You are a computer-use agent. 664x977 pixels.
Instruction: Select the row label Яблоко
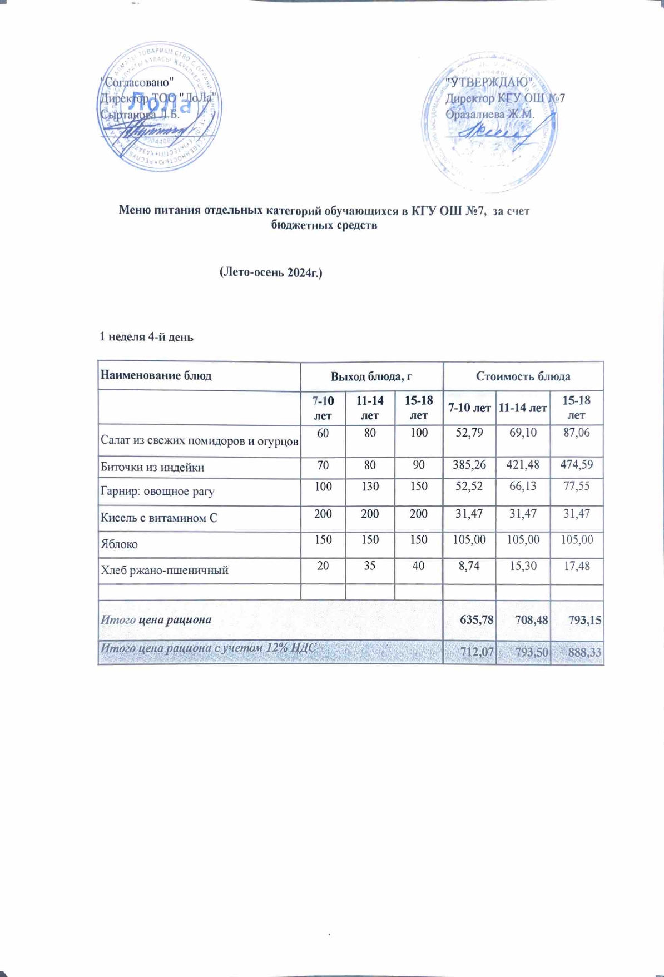tap(119, 544)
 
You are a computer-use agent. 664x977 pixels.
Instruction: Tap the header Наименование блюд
tap(156, 375)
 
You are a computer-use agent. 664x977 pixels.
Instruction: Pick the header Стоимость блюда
tap(523, 376)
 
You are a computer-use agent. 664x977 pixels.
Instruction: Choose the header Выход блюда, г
tap(371, 376)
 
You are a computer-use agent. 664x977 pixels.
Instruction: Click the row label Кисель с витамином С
tap(158, 518)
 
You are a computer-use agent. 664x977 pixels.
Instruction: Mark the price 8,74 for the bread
tap(469, 566)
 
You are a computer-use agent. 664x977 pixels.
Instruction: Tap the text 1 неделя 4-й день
tap(146, 337)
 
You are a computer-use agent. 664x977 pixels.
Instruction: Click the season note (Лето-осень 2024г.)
tap(271, 272)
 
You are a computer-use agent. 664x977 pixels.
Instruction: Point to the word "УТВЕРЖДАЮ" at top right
tap(489, 83)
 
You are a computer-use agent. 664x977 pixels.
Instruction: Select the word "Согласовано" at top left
tap(138, 82)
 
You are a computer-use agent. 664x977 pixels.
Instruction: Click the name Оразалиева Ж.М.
tap(489, 115)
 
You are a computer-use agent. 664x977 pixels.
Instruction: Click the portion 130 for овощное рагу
tap(370, 487)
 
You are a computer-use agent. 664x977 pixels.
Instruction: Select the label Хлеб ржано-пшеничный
tap(164, 570)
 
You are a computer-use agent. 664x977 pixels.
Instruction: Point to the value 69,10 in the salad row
tap(523, 432)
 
